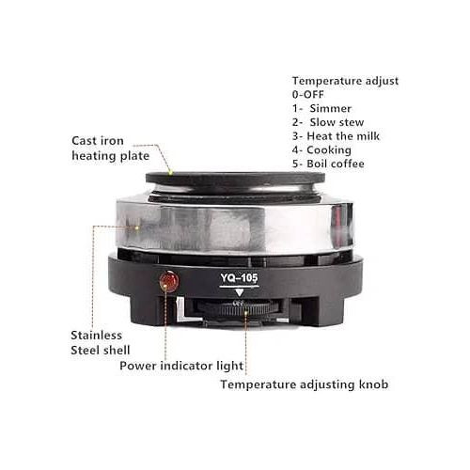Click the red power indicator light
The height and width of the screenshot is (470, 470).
tap(169, 281)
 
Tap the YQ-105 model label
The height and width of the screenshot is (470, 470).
tap(239, 278)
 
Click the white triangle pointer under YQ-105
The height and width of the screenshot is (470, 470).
tap(240, 292)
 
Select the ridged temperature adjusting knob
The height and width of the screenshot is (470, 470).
tap(238, 308)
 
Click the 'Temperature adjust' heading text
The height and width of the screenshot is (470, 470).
tap(345, 81)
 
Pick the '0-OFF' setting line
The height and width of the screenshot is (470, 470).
tap(308, 94)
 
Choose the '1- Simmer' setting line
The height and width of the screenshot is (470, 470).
tap(321, 108)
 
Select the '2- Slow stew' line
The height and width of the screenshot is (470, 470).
tap(328, 122)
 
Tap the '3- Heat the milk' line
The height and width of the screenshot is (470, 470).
tap(336, 136)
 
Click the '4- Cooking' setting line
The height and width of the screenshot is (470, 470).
tap(321, 150)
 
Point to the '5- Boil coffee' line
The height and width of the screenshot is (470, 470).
tap(328, 164)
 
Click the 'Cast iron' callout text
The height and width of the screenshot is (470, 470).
tap(98, 141)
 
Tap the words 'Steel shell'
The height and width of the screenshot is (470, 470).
tap(101, 350)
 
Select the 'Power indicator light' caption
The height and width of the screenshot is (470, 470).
tap(181, 366)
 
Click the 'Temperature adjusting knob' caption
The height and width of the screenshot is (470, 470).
tap(305, 384)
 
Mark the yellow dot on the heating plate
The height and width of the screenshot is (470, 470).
tap(171, 172)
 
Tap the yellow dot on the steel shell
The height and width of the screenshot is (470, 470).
tap(137, 227)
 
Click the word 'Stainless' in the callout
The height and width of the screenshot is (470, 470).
tap(97, 336)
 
